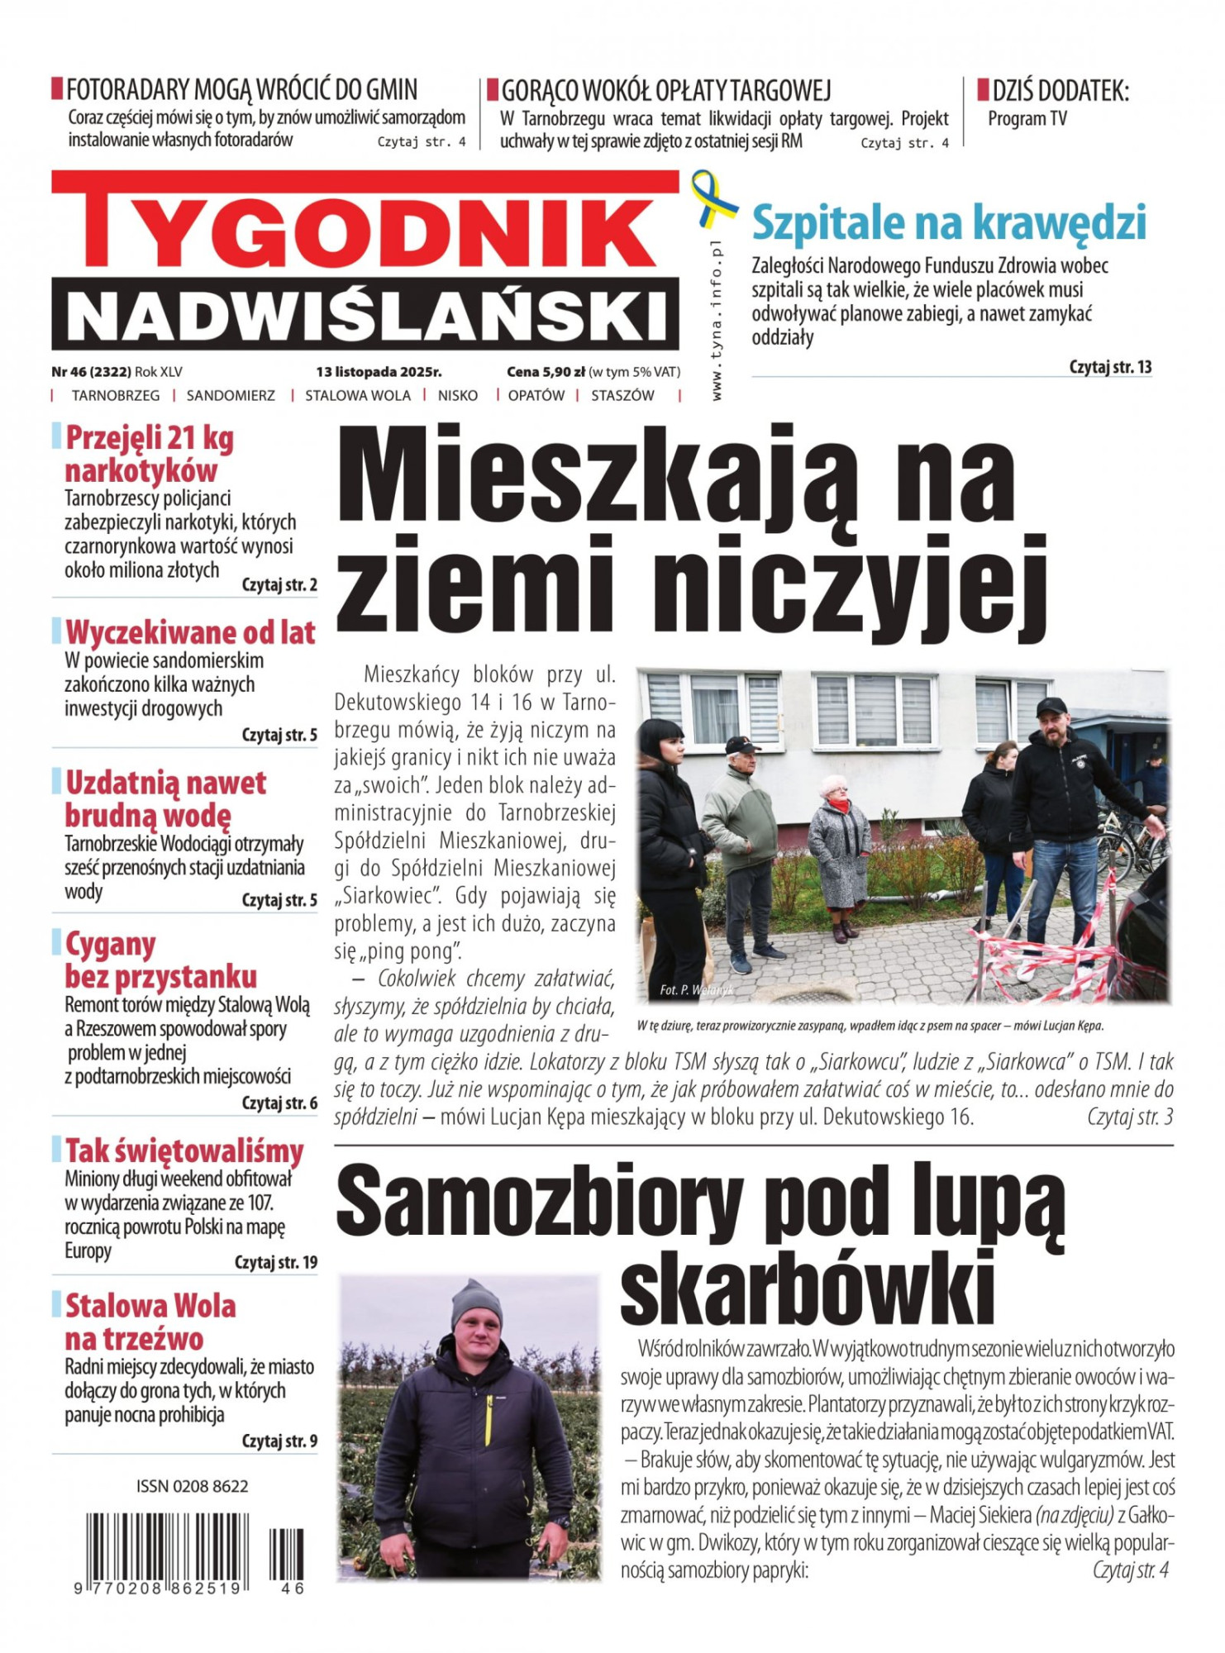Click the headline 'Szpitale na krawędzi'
949,222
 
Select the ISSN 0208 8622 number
193,1487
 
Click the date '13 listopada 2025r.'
379,372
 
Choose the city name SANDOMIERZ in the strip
231,396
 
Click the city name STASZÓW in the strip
622,396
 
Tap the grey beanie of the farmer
477,1305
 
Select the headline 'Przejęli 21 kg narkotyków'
150,454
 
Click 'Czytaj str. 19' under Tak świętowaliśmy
276,1262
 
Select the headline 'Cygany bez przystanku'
161,960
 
